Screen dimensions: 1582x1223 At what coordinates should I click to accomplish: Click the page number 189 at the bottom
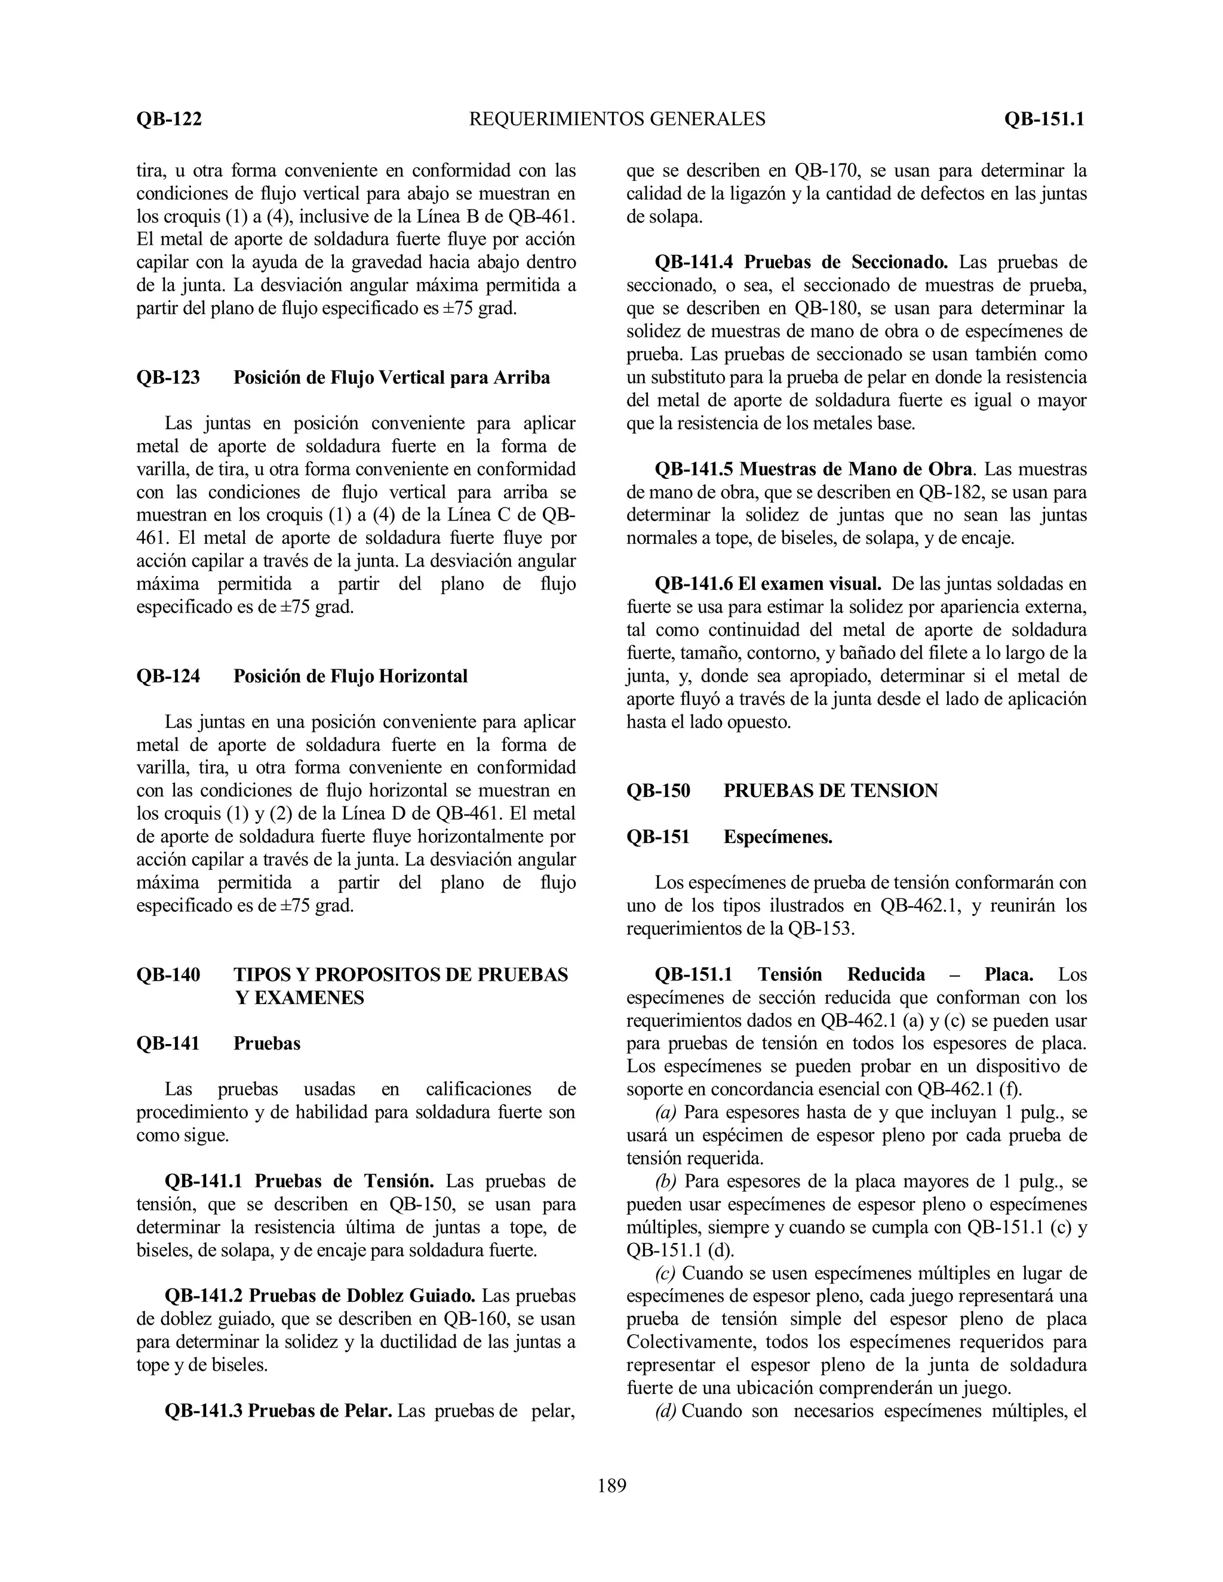pyautogui.click(x=611, y=1486)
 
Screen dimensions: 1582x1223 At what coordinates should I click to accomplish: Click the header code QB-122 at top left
pyautogui.click(x=169, y=119)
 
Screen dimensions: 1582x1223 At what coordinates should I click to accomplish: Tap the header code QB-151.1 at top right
pyautogui.click(x=1043, y=119)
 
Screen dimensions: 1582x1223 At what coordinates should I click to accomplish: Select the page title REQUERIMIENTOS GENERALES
pyautogui.click(x=617, y=119)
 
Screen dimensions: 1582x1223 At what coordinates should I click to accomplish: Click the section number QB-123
pyautogui.click(x=168, y=377)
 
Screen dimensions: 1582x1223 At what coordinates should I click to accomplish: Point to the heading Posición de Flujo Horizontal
pyautogui.click(x=350, y=676)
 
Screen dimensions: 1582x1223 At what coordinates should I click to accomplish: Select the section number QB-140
pyautogui.click(x=168, y=974)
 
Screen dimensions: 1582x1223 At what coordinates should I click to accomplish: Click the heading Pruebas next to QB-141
pyautogui.click(x=266, y=1043)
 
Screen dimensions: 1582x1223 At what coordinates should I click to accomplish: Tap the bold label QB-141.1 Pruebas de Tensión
pyautogui.click(x=299, y=1181)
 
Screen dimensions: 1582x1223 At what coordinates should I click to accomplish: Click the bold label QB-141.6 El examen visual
pyautogui.click(x=768, y=584)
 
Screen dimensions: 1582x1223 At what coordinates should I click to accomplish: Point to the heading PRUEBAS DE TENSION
pyautogui.click(x=830, y=790)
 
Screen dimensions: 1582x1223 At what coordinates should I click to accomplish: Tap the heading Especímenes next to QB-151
pyautogui.click(x=778, y=836)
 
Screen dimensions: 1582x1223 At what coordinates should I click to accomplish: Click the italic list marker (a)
pyautogui.click(x=666, y=1112)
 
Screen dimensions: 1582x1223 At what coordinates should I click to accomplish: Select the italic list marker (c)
pyautogui.click(x=665, y=1273)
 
